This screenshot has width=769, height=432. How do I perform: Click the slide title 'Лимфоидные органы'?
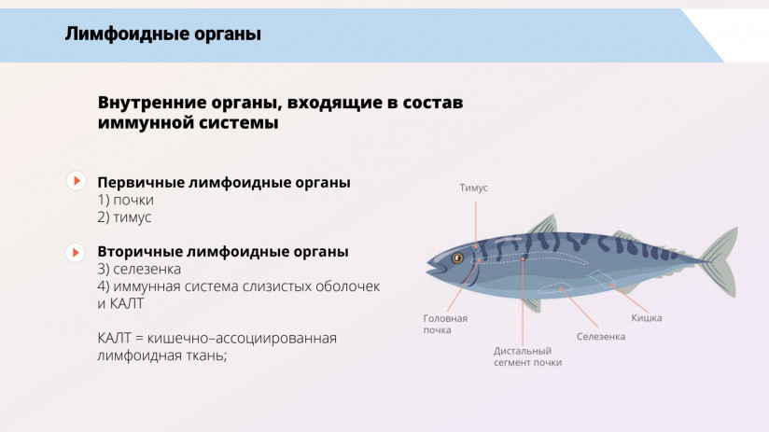[162, 35]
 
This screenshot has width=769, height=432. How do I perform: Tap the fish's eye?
[457, 258]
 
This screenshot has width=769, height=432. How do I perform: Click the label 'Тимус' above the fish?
[473, 188]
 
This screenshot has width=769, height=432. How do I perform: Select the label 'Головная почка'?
[444, 324]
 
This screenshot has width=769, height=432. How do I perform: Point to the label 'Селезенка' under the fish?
[600, 336]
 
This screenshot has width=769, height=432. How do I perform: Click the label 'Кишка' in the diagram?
[646, 318]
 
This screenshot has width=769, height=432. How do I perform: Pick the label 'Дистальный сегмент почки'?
[527, 356]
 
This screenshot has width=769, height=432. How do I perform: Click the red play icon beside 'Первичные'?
[77, 181]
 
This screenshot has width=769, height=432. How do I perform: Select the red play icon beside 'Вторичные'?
[77, 252]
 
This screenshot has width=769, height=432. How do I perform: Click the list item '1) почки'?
[125, 200]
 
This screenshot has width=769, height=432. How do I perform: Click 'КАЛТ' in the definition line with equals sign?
[117, 337]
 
